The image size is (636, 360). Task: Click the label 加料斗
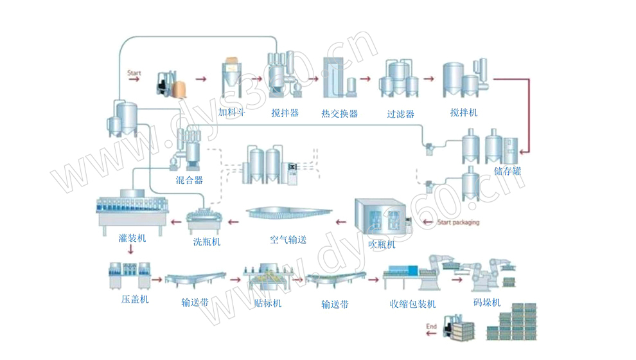[x=233, y=113]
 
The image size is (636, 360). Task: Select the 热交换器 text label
[x=339, y=114]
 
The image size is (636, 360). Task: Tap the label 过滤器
[x=400, y=114]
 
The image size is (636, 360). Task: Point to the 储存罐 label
[x=508, y=171]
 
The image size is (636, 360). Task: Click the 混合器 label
[x=190, y=181]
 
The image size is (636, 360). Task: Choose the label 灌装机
[x=132, y=239]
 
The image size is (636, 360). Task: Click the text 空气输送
[x=288, y=240]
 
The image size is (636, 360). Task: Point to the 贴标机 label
[x=267, y=303]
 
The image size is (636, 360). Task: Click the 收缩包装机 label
[x=412, y=303]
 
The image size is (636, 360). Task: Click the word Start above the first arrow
[x=134, y=73]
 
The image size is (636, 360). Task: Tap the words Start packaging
[x=458, y=223]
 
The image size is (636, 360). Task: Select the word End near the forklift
[x=431, y=327]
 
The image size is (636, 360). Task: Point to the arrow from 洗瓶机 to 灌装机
[x=174, y=222]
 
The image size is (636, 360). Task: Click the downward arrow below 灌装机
[x=130, y=250]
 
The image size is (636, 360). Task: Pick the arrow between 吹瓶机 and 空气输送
[x=338, y=222]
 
